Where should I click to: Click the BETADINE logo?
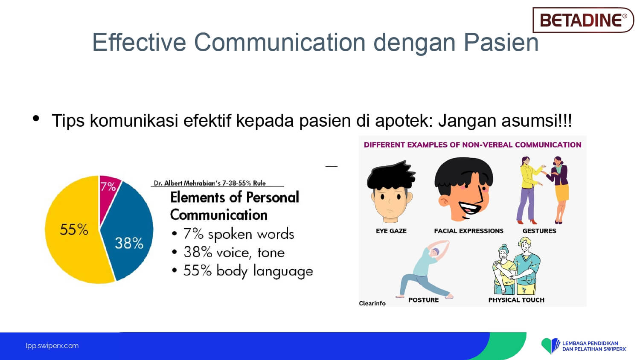[583, 20]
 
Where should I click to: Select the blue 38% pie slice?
[128, 234]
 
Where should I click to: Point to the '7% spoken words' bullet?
[233, 234]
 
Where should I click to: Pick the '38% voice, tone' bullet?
[229, 252]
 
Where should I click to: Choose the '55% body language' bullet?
[243, 270]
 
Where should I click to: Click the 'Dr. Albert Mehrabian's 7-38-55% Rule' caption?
[210, 183]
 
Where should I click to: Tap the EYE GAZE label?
[391, 231]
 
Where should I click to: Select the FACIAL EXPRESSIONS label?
[468, 231]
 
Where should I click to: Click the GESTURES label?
[539, 231]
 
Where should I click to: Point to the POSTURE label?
[423, 300]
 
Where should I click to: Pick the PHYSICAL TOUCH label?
[516, 300]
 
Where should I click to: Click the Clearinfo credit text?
[372, 303]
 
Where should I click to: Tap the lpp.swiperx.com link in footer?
[52, 346]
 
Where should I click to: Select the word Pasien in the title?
[501, 42]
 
